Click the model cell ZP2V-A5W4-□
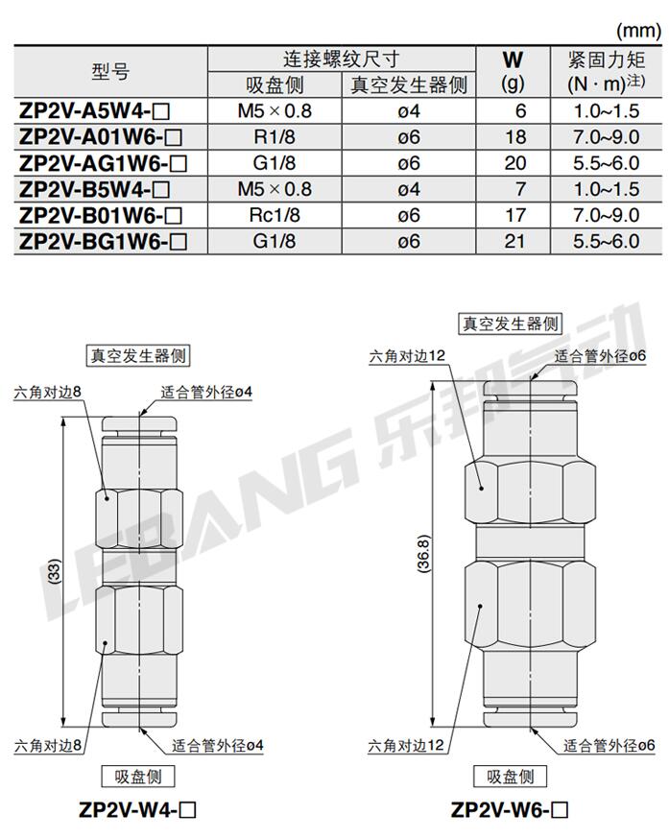coord(94,111)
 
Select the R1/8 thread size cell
coord(274,137)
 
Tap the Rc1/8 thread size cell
coord(274,215)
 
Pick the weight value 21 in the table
coord(514,241)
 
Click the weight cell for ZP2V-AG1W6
coord(514,163)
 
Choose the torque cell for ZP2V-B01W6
coord(607,215)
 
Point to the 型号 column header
coord(110,71)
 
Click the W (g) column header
coord(513,71)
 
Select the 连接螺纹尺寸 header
coord(341,59)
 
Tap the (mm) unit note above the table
coord(638,31)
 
